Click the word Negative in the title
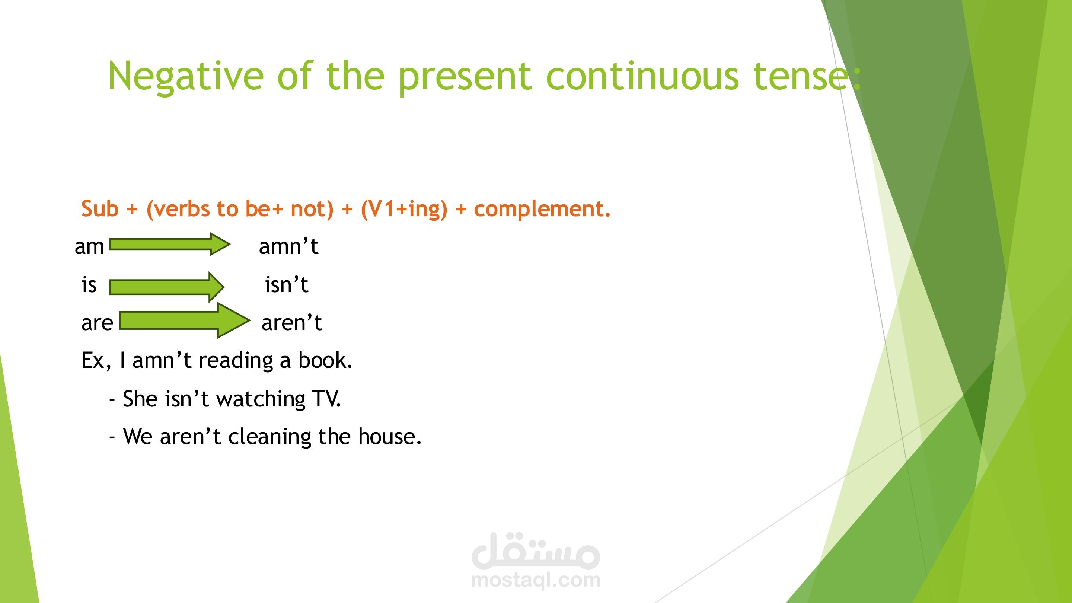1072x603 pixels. pos(186,75)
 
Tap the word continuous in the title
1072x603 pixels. pos(642,75)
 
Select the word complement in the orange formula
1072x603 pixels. pos(539,209)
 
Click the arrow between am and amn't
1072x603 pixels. pos(170,244)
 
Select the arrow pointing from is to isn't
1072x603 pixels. pos(167,287)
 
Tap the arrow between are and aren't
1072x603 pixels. pos(185,320)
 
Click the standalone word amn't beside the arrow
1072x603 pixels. pos(288,246)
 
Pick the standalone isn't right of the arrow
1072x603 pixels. pos(287,285)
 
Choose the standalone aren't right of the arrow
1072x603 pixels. pos(292,322)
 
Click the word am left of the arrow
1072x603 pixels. pos(89,247)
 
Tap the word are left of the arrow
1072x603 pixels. pos(97,323)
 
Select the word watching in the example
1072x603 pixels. pos(261,399)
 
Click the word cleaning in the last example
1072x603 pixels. pos(269,437)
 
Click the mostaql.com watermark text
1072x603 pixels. pos(536,579)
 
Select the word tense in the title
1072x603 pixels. pos(800,76)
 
